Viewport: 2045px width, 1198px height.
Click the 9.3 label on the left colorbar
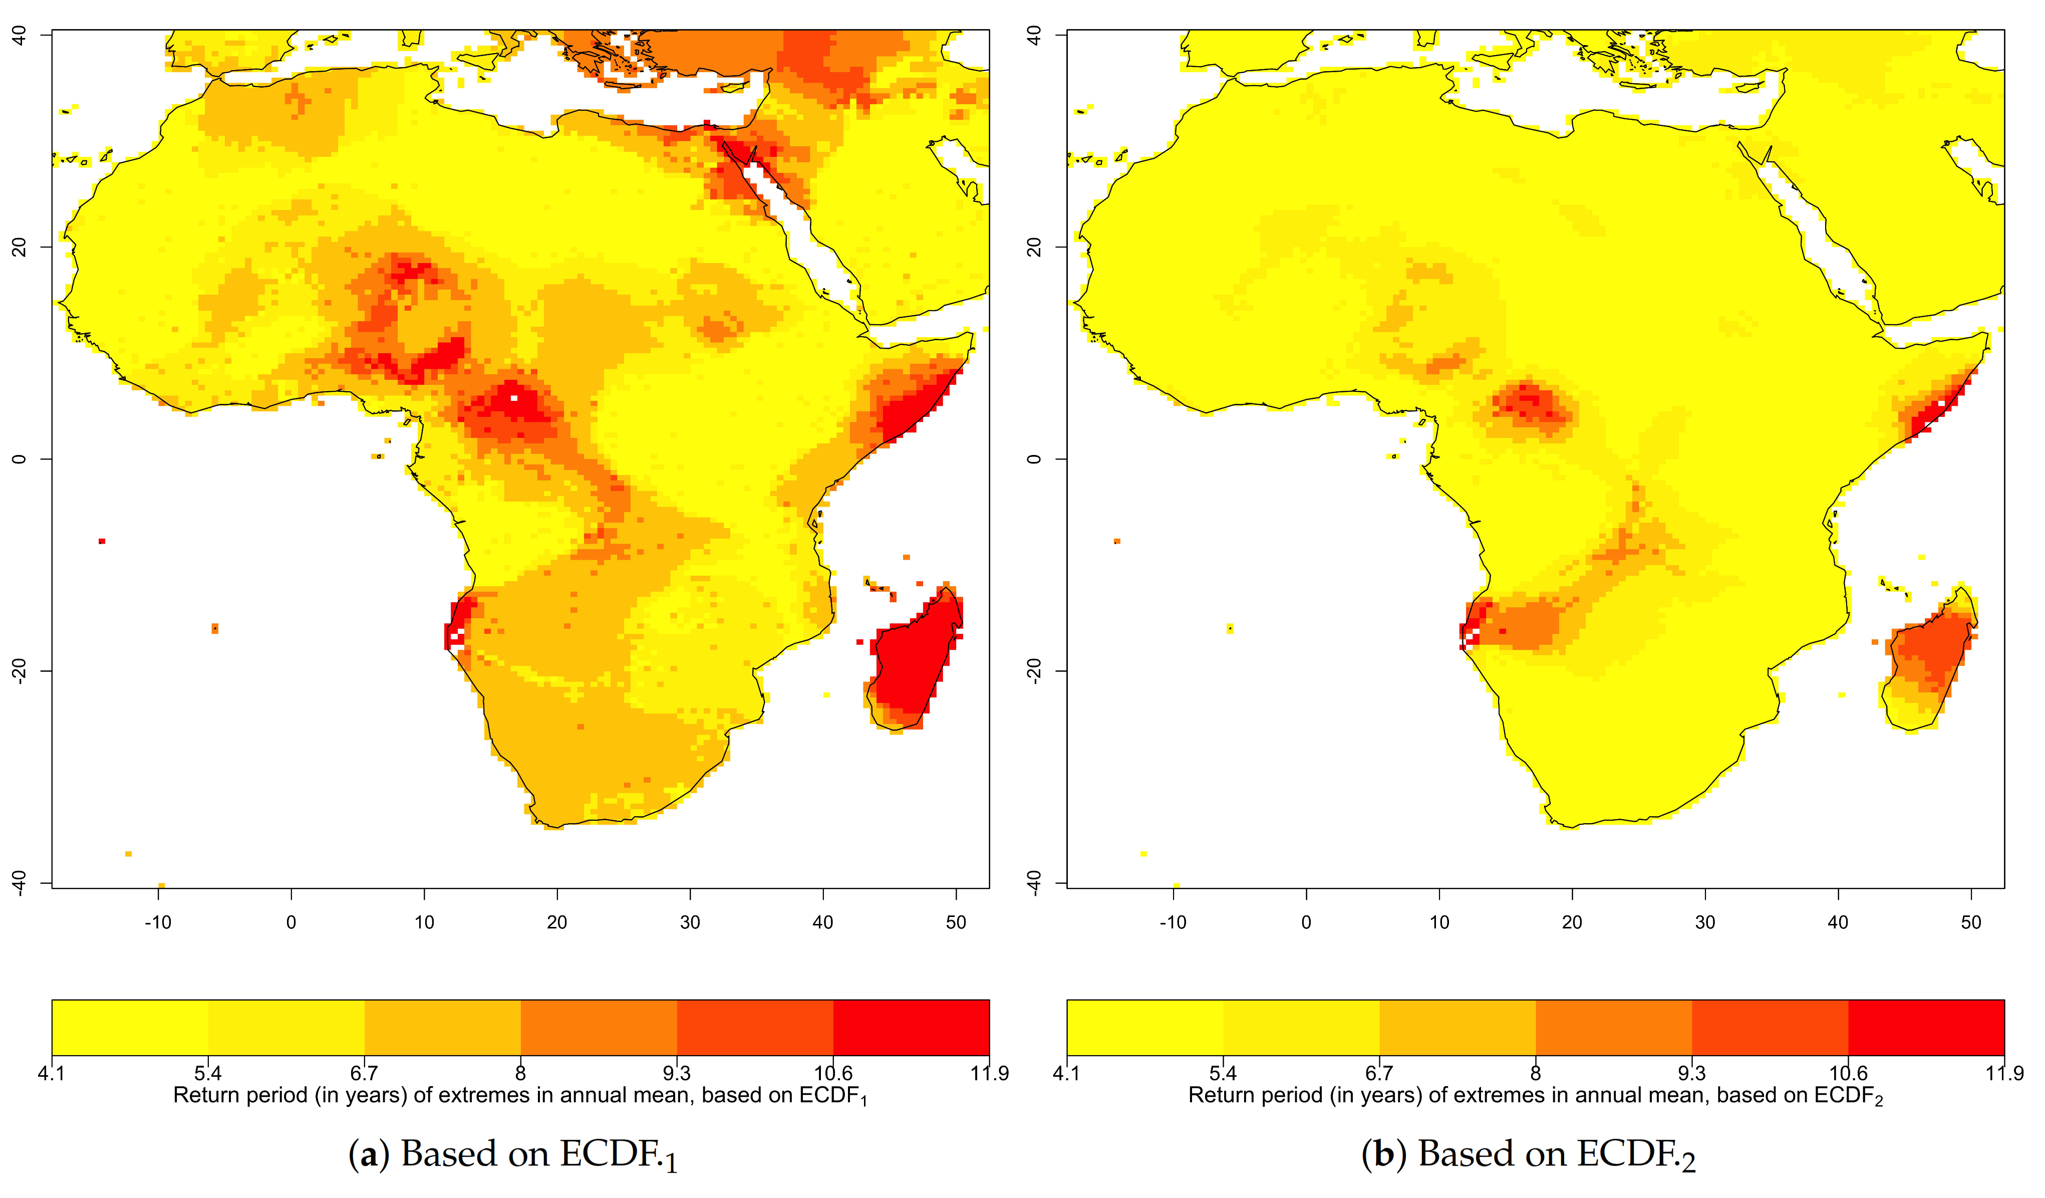tap(677, 1073)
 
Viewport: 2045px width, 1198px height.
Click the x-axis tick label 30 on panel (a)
tap(690, 922)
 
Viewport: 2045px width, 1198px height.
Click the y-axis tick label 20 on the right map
tap(1034, 246)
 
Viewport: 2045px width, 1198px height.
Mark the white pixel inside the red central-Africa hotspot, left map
tap(514, 398)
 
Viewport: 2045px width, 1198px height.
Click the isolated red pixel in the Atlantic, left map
tap(102, 541)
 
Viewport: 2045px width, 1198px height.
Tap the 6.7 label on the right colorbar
tap(1379, 1073)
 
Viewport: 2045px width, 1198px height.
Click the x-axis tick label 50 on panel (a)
tap(956, 922)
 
